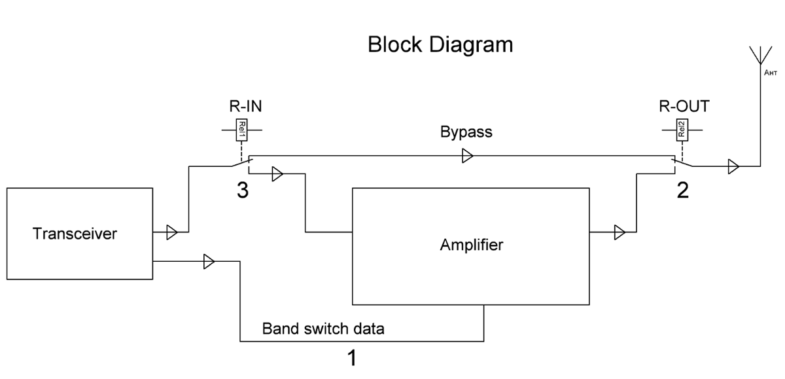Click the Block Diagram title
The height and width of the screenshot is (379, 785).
point(440,45)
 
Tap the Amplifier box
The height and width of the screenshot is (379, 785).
point(471,246)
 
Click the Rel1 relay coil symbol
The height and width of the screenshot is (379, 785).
point(241,130)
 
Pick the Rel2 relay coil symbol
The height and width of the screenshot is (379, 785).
point(682,130)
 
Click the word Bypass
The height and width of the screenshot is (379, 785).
point(466,132)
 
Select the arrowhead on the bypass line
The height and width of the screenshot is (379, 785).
point(468,156)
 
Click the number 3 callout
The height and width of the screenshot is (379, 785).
point(242,192)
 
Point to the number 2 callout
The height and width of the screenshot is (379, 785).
point(682,192)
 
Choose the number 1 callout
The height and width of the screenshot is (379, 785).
point(351,358)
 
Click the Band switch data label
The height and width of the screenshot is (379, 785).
point(323,329)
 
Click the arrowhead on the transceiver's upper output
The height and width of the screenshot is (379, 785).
point(171,232)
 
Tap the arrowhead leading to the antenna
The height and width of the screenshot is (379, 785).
point(733,167)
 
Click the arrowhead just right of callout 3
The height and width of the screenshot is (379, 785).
point(277,174)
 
